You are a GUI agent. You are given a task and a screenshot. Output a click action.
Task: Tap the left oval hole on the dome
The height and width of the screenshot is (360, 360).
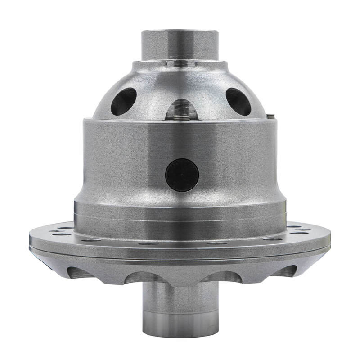[x=123, y=101]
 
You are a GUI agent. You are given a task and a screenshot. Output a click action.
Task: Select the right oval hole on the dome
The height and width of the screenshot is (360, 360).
[x=238, y=101]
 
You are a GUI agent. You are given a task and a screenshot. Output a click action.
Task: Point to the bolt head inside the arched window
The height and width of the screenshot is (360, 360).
[x=181, y=117]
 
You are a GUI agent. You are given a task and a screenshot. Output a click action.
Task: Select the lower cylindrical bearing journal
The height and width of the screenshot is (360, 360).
[x=180, y=306]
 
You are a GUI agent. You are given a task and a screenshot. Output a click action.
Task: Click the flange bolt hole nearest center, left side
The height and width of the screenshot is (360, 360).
[x=148, y=243]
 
